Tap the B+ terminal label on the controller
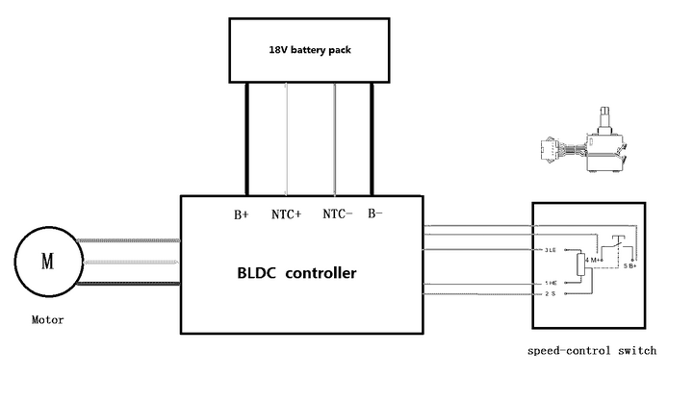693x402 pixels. pyautogui.click(x=242, y=214)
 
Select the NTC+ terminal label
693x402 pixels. pyautogui.click(x=287, y=214)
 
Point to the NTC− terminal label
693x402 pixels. pyautogui.click(x=338, y=214)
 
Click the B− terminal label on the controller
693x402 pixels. pyautogui.click(x=376, y=214)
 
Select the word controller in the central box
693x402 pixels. pyautogui.click(x=323, y=273)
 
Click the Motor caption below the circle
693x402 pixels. pyautogui.click(x=47, y=319)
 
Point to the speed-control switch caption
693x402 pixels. pyautogui.click(x=592, y=351)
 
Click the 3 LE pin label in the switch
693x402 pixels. pyautogui.click(x=551, y=250)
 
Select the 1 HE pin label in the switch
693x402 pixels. pyautogui.click(x=551, y=283)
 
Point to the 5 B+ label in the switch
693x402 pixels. pyautogui.click(x=630, y=264)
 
